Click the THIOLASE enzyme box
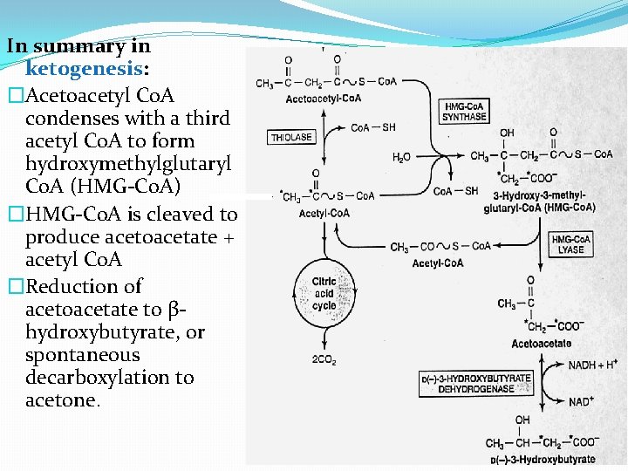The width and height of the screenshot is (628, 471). pos(291,137)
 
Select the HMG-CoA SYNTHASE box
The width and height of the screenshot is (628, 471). pos(464,112)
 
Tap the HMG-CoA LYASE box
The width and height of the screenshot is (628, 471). pos(570,244)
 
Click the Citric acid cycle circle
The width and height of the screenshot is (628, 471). pos(324,294)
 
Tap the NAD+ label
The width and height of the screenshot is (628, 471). pos(582,402)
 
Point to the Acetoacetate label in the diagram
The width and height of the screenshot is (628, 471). pos(541,344)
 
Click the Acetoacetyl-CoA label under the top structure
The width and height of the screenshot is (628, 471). pos(323,99)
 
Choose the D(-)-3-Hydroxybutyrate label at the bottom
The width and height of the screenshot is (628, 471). pos(543,460)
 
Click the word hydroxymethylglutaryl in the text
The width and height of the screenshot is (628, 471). pos(128,164)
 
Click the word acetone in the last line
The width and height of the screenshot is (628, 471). pos(62,401)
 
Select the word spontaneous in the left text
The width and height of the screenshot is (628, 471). pos(82,355)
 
